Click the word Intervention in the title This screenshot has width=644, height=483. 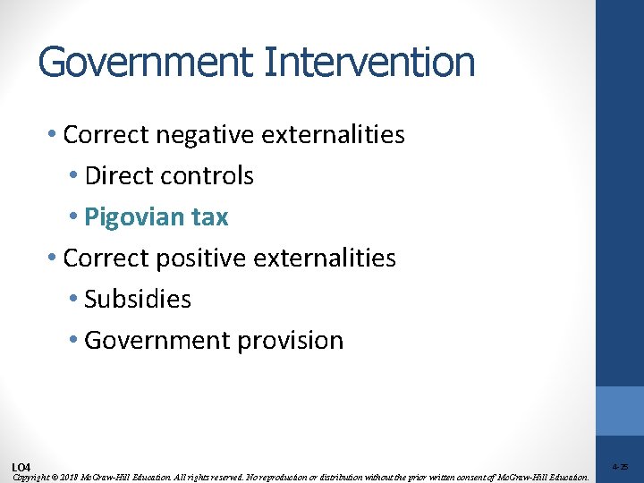click(x=370, y=63)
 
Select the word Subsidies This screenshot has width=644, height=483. click(x=138, y=299)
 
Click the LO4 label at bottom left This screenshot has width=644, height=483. click(x=21, y=468)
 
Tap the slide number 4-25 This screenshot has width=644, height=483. click(x=620, y=467)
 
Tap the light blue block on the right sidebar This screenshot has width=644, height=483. click(x=620, y=411)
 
